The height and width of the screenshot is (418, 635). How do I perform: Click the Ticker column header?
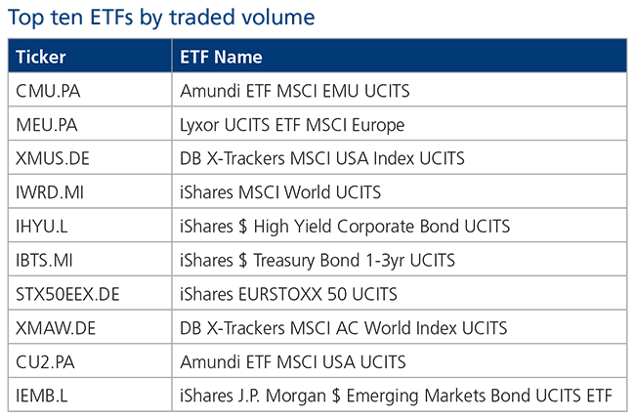[x=40, y=57]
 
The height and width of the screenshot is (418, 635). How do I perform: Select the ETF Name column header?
[x=221, y=57]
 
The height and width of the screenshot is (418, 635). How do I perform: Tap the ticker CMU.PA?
[x=48, y=91]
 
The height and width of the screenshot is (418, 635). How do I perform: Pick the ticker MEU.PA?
[x=47, y=125]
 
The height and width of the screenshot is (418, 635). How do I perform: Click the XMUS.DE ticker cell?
[x=53, y=158]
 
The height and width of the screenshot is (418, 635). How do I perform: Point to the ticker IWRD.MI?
[x=50, y=192]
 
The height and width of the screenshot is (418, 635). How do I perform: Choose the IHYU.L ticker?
[x=42, y=227]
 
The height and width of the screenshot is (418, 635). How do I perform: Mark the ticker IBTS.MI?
[x=44, y=261]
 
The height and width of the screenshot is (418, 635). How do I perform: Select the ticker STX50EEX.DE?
[x=67, y=295]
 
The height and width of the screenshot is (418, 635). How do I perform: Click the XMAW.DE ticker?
[x=56, y=328]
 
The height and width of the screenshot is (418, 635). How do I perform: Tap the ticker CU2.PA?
[x=45, y=362]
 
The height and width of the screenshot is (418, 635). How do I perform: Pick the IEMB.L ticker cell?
[x=42, y=397]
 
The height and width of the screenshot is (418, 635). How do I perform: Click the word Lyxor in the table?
[x=199, y=126]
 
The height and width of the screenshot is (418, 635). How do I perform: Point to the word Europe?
[x=378, y=126]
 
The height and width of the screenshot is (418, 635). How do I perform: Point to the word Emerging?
[x=382, y=397]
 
